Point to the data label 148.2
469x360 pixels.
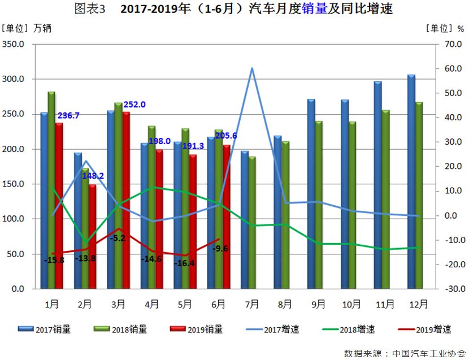[x=93, y=176]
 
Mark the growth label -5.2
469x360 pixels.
[x=118, y=238]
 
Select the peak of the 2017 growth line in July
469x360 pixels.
[x=252, y=68]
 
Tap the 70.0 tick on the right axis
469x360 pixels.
[x=449, y=44]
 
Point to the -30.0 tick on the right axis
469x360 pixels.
[x=448, y=289]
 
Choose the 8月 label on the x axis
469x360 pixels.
[x=285, y=304]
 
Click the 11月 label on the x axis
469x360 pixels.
[x=385, y=304]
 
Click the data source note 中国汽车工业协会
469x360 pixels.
[x=428, y=352]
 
